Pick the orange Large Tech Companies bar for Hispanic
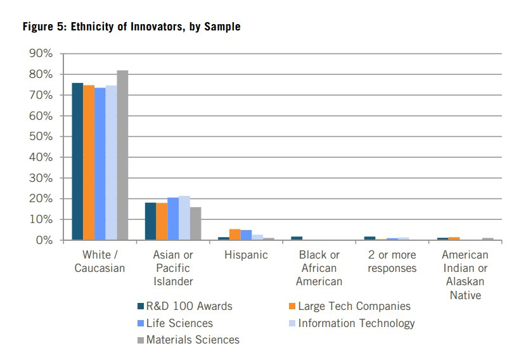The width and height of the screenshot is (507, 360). pos(234,235)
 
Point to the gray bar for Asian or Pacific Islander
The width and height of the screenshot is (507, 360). pos(195,224)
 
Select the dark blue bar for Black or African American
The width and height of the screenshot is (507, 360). pos(297,238)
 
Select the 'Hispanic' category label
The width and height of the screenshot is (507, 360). pos(246,255)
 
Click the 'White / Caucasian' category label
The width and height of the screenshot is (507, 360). pos(99,261)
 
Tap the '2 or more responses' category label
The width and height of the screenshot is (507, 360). pos(392,261)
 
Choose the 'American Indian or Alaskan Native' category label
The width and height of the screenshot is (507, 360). pos(465,274)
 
